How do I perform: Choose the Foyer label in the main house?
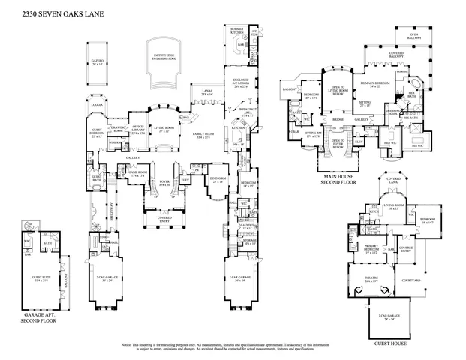[x=164, y=183]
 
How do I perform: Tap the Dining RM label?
[x=218, y=181]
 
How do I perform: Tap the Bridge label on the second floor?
[x=338, y=120]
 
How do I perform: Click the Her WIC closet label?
[x=390, y=144]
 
